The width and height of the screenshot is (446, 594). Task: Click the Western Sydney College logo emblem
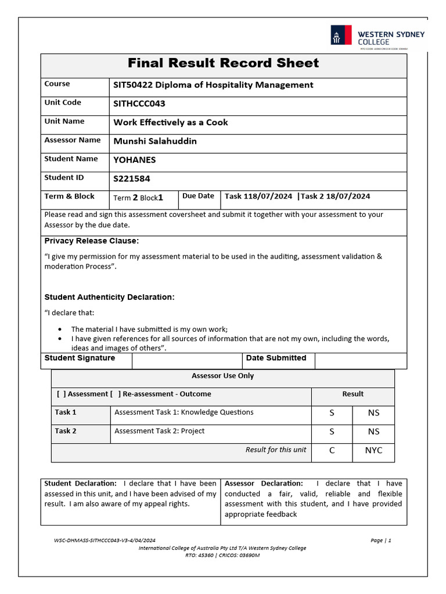pos(341,35)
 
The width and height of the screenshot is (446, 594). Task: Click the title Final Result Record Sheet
pos(223,63)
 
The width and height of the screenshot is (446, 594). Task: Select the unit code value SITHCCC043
pos(139,104)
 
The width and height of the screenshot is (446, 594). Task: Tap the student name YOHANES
pos(134,160)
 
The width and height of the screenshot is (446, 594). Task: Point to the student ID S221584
pos(132,179)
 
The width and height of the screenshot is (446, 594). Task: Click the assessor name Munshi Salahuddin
pos(155,141)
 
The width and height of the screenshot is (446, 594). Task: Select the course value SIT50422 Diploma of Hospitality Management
pos(213,85)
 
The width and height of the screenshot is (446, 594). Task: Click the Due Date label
pos(198,196)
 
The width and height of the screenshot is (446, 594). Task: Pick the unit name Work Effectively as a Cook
pos(171,122)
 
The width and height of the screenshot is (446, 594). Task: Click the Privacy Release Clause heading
pos(92,241)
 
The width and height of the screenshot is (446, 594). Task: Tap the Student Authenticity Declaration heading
pos(109,297)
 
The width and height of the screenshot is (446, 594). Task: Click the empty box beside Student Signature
pos(187,360)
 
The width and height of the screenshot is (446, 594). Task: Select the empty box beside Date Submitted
pos(360,360)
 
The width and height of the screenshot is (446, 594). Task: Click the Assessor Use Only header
pos(223,376)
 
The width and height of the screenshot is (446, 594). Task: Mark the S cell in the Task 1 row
pos(332,413)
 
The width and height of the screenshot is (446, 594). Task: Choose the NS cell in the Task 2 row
pos(373,432)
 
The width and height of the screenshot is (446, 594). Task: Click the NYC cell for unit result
pos(373,450)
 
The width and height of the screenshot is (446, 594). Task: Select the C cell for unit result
pos(332,450)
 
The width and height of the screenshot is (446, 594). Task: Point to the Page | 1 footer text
pos(381,540)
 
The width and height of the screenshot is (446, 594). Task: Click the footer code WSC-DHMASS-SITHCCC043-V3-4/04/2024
pos(105,540)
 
